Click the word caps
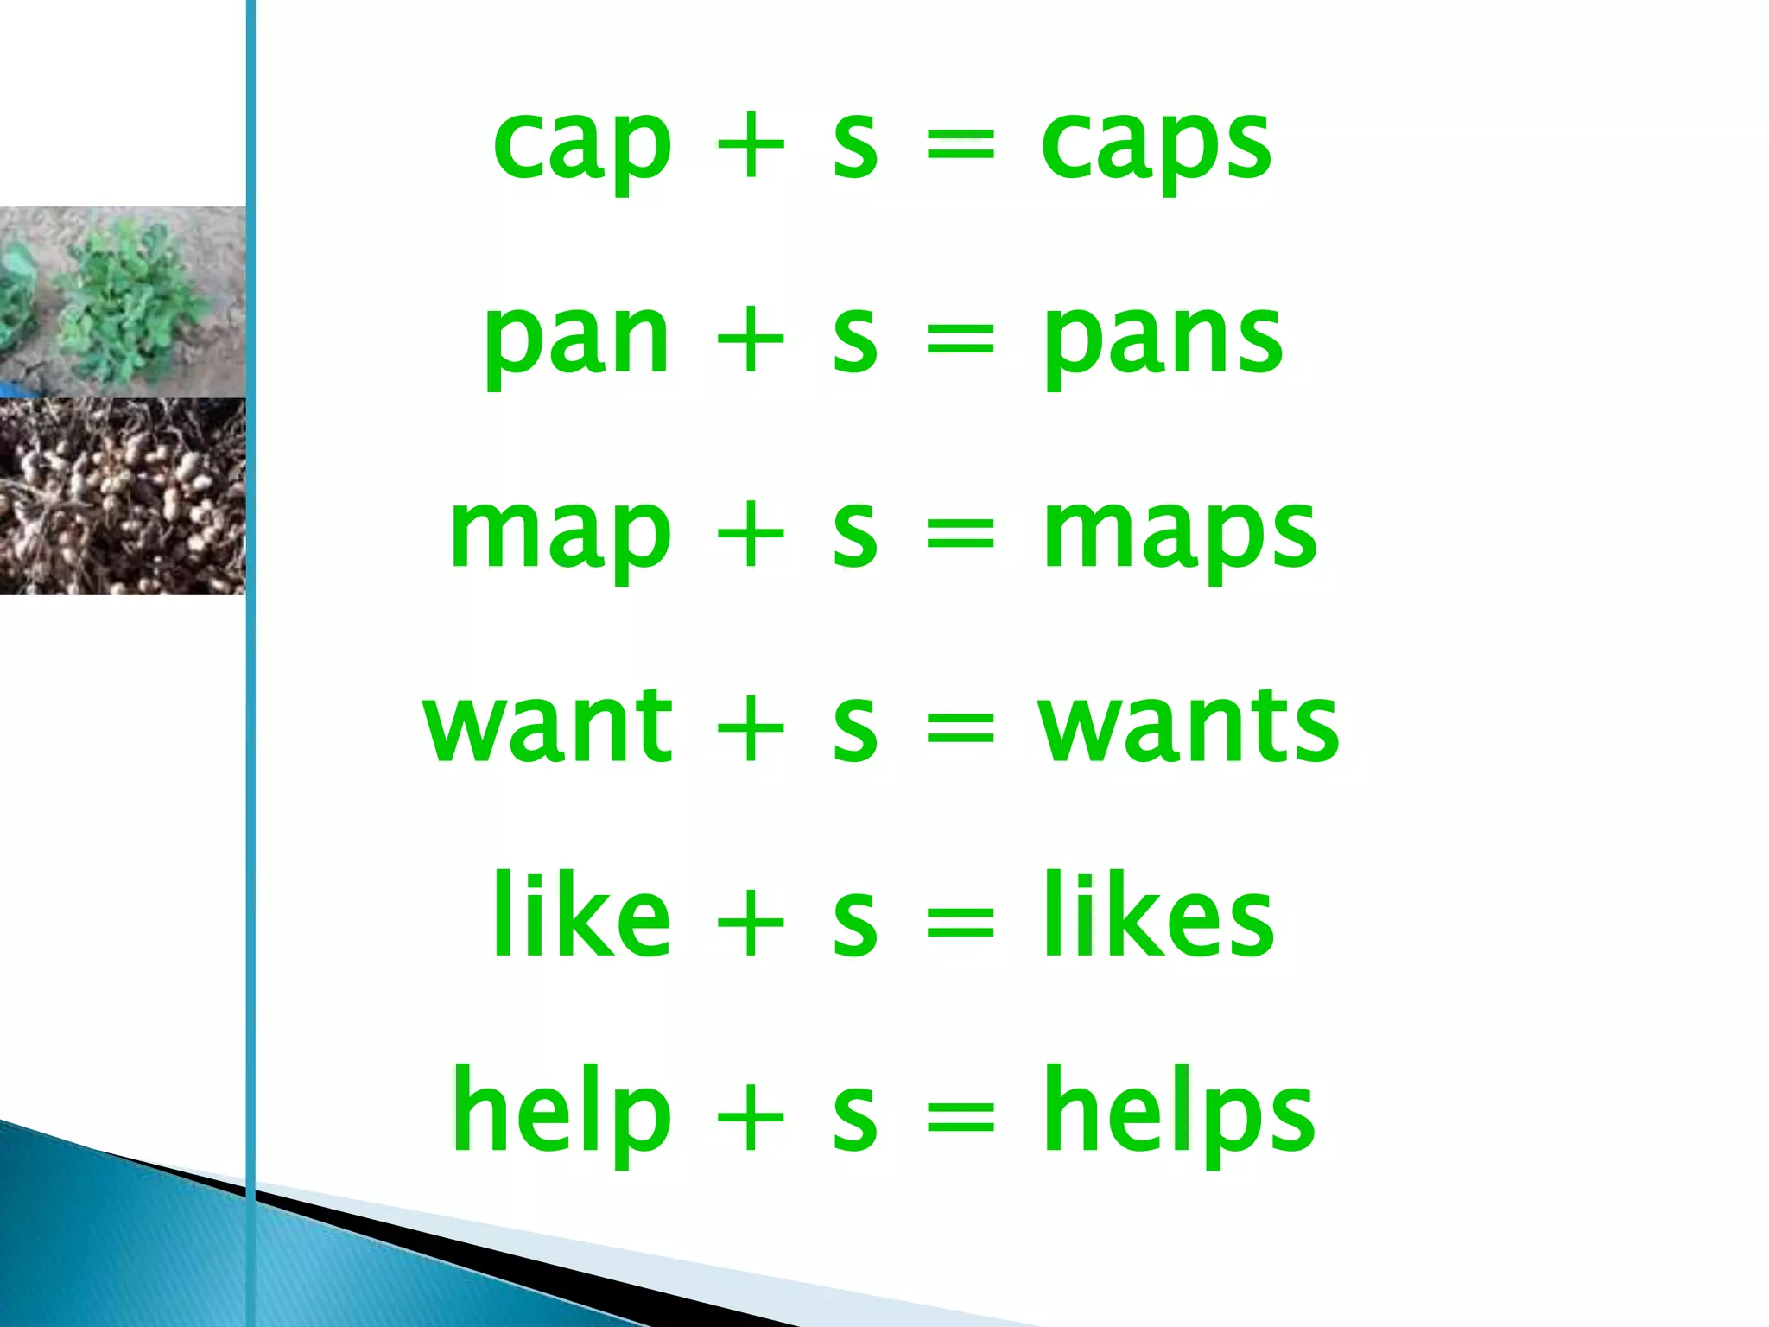point(1156,147)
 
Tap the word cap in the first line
point(581,147)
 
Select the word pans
point(1163,340)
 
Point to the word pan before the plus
point(576,340)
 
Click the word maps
point(1179,535)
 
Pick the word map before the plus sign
point(560,535)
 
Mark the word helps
point(1178,1114)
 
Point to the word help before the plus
point(561,1114)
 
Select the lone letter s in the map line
point(855,535)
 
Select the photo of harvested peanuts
point(122,496)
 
